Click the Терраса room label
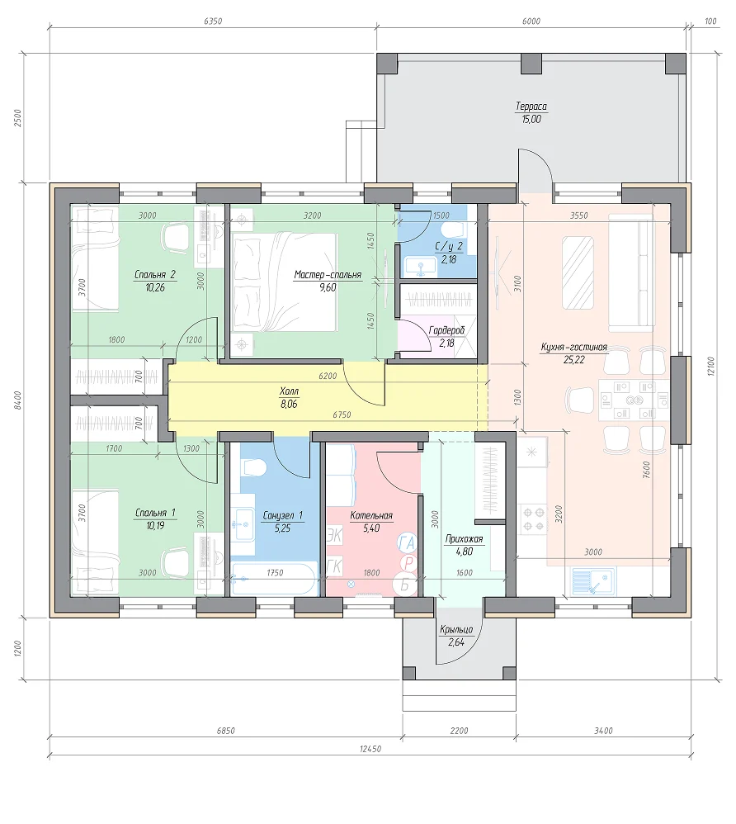[x=531, y=107]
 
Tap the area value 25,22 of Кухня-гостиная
[x=573, y=360]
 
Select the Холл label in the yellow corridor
[x=289, y=391]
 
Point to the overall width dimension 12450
[x=370, y=749]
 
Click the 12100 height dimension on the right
[x=711, y=366]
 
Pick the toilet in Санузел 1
[x=254, y=466]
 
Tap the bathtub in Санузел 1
[x=273, y=579]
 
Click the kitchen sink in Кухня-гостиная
[x=593, y=580]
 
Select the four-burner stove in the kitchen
[x=533, y=519]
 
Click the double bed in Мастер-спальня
[x=284, y=282]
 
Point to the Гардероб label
[x=446, y=330]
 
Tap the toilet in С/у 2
[x=454, y=230]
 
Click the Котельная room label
[x=371, y=515]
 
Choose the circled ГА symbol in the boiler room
[x=407, y=542]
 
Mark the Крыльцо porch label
[x=456, y=629]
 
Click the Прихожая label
[x=464, y=538]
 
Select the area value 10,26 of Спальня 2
[x=155, y=287]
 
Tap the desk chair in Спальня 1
[x=176, y=561]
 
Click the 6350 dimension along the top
[x=213, y=21]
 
